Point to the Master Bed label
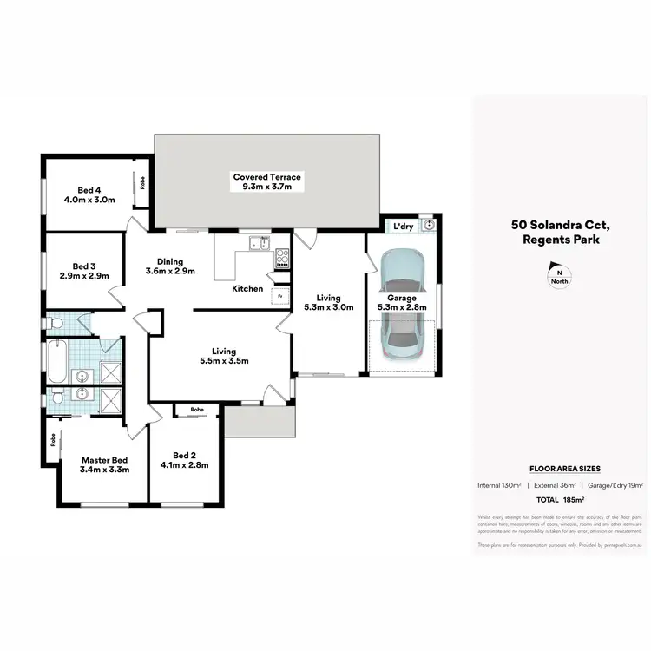pos(105,461)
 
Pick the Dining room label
pos(170,261)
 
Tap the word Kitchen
pos(247,288)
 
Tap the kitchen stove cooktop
pos(282,257)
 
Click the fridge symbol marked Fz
pos(279,296)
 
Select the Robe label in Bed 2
pos(198,409)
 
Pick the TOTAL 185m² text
pos(560,501)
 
